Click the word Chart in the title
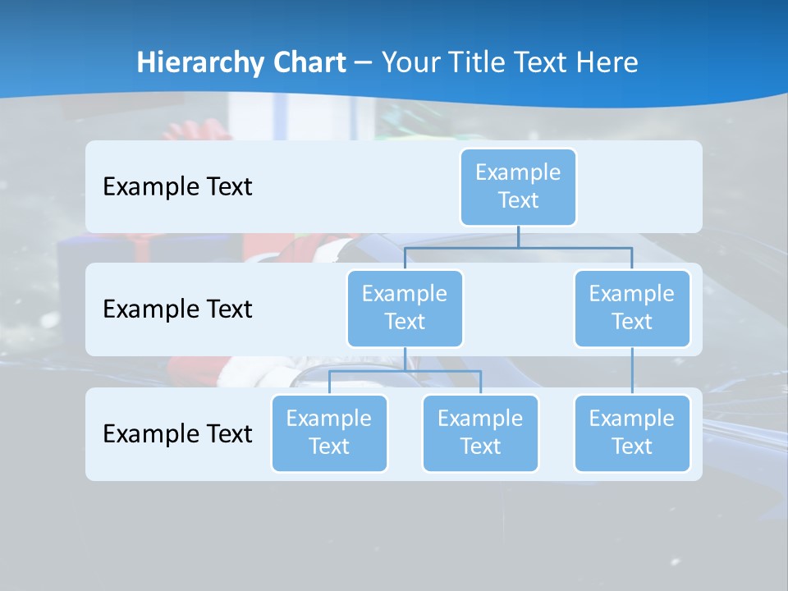(x=305, y=62)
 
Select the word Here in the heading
(x=607, y=62)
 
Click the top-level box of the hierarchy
(x=518, y=186)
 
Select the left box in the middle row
(x=405, y=308)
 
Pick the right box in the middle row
(x=631, y=308)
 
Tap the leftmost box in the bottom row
(x=329, y=433)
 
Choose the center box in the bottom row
(x=480, y=433)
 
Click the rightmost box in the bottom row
(x=631, y=433)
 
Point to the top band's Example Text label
(x=177, y=186)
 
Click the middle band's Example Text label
(x=177, y=309)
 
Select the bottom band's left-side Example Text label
(x=177, y=433)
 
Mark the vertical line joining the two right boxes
(x=631, y=371)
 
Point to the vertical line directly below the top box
(x=518, y=236)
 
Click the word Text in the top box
(x=518, y=200)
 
